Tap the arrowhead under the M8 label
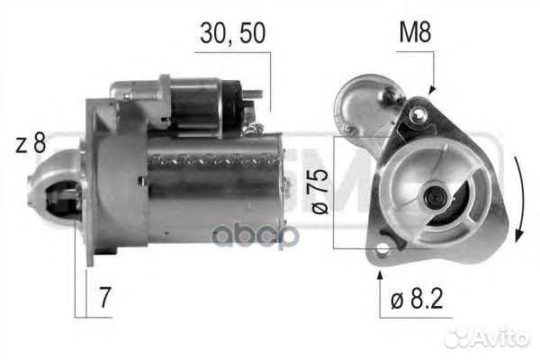tap(431, 91)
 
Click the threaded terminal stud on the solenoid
tap(257, 94)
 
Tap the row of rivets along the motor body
tap(211, 162)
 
